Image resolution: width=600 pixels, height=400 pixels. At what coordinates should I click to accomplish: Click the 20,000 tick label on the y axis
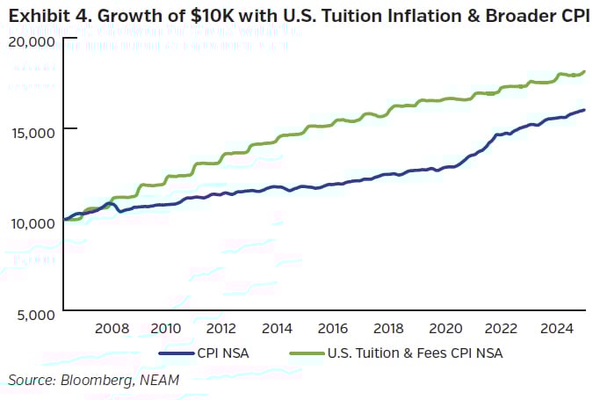point(32,40)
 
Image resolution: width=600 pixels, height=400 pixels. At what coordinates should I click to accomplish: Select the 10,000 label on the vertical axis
point(32,222)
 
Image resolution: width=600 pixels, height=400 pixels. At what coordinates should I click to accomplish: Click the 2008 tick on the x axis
point(112,329)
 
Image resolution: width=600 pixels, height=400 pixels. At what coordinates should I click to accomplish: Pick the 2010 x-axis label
point(167,329)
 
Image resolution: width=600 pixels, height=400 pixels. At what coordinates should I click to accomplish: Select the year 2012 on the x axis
point(220,329)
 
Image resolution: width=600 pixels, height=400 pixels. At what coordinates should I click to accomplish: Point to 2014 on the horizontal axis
point(275,329)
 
